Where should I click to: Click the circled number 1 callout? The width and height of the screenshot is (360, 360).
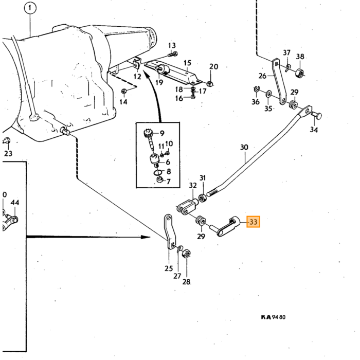pos(30,9)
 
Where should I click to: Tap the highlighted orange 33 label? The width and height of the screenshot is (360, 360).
pos(253,222)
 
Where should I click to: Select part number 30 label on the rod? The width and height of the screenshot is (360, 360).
pos(244,147)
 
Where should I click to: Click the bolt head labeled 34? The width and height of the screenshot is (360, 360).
pos(317,115)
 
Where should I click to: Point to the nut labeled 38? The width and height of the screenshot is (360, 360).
pos(299,73)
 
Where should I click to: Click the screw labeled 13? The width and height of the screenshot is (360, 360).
pos(173,55)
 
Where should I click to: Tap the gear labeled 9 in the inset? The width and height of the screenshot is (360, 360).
pos(148,133)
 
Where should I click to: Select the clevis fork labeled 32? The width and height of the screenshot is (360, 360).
pos(187,206)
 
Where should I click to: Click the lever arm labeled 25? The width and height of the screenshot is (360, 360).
pos(170,232)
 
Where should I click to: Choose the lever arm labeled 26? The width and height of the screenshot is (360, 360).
pos(280,82)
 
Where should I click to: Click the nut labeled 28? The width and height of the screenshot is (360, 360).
pos(186,253)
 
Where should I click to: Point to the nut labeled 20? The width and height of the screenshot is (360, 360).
pos(210,83)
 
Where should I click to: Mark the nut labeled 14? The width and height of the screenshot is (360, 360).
pos(123,92)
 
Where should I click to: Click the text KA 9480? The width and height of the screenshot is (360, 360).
pos(273,317)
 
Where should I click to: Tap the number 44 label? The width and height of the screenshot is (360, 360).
pos(15,203)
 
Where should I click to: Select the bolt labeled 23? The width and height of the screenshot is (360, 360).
pos(6,141)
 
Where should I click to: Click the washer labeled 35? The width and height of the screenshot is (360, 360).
pos(268,94)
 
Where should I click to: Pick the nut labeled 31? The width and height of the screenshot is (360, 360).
pos(203,197)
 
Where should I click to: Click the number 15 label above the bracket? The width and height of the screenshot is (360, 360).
pos(187,63)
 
